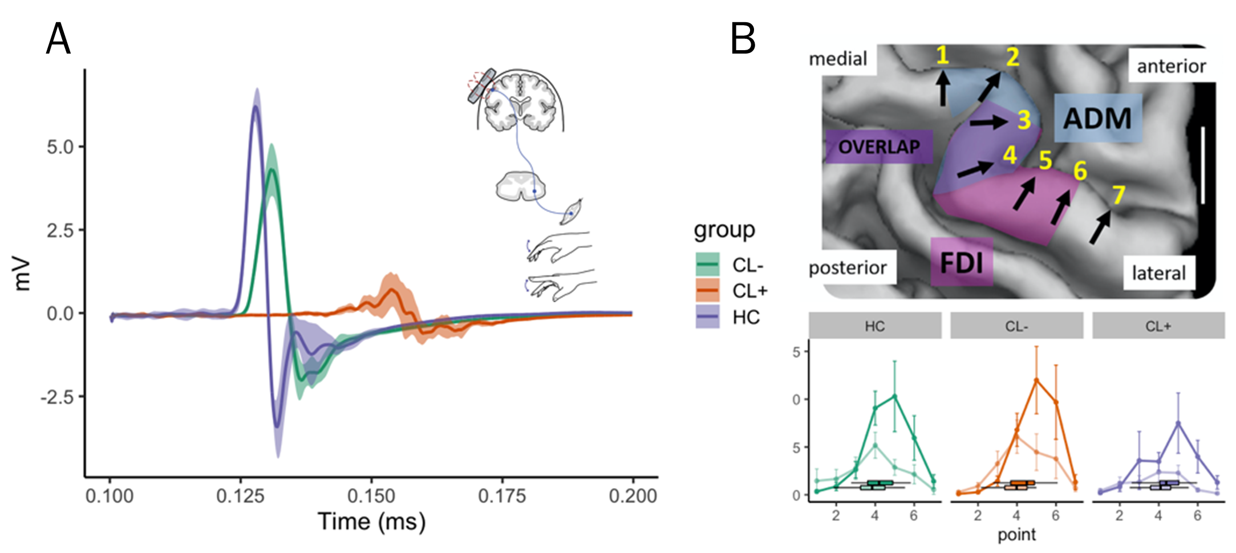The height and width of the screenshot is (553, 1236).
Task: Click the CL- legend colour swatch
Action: pos(707,265)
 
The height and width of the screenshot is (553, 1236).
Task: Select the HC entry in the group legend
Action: pos(745,317)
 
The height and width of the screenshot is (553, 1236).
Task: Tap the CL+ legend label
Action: pos(749,291)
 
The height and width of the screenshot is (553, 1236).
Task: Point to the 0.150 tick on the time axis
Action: pos(371,495)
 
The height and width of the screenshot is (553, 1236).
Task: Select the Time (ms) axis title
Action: pos(371,521)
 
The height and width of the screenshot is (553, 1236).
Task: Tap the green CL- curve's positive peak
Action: pos(272,169)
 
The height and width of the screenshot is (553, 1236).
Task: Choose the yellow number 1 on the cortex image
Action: pos(942,56)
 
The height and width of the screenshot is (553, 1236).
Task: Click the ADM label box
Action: pos(1097,119)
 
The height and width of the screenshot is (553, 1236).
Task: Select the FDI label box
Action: pos(961,262)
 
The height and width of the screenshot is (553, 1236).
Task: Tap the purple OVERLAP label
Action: pos(879,147)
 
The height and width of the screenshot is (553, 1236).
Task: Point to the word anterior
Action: pos(1171,66)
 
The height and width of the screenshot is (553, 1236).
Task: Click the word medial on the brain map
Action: pos(838,59)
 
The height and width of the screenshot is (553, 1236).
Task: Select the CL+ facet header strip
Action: pos(1158,326)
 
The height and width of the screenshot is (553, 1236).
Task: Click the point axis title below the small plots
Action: pos(1016,535)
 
